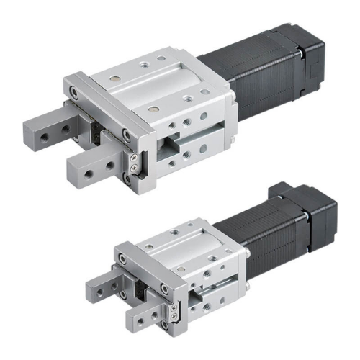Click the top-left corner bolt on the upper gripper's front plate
(x=73, y=93)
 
